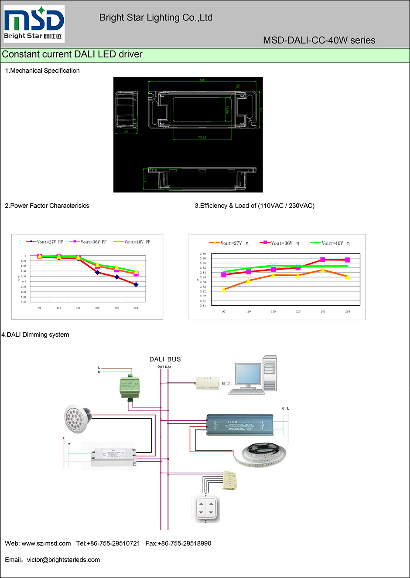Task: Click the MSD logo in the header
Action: pos(34,24)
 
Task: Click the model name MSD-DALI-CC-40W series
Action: pos(319,41)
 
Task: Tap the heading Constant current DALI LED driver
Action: pos(72,54)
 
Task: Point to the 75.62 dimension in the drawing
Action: pos(202,137)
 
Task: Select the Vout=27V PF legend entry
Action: pos(44,242)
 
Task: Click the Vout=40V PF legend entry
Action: pos(132,242)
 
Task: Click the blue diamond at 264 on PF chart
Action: pos(136,284)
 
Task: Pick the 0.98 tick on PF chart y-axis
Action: pos(24,261)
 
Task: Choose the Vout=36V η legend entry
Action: pos(280,243)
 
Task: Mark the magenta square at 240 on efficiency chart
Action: pos(323,260)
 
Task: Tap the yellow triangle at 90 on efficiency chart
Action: pos(224,289)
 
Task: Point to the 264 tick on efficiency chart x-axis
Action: pos(348,311)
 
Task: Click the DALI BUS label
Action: pos(165,359)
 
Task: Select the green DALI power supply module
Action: pos(130,386)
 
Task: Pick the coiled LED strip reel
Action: pos(260,455)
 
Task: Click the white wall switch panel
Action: pos(206,508)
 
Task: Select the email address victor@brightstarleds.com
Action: pos(63,560)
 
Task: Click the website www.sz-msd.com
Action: pos(46,543)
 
